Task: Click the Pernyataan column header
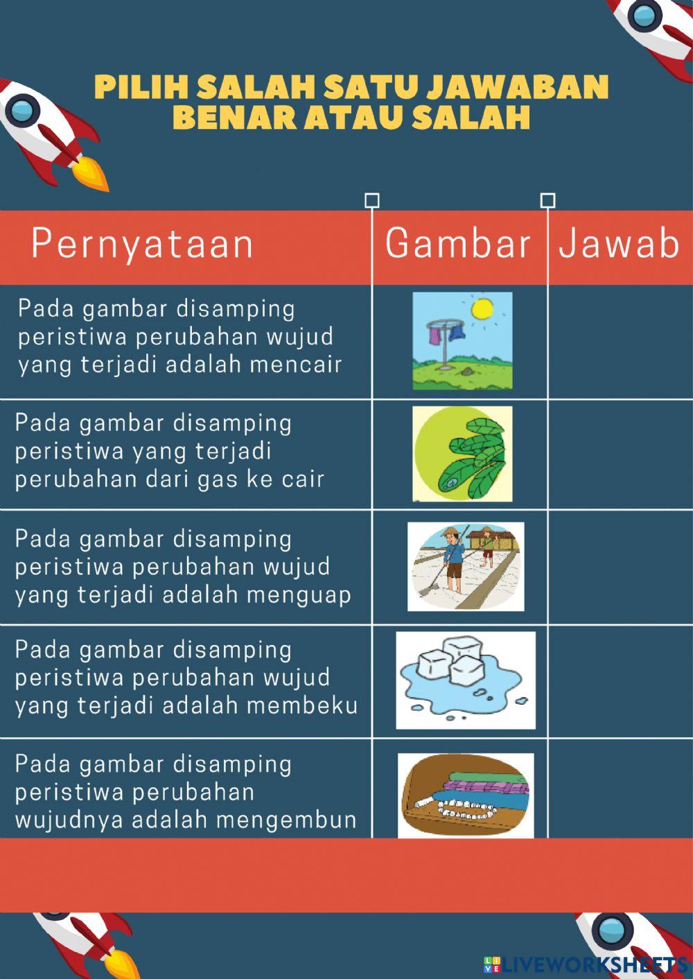coord(142,244)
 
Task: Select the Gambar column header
coord(458,244)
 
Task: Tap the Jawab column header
coord(619,244)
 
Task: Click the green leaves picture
coord(462,454)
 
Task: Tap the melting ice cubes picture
coord(466,680)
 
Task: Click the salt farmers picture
coord(466,567)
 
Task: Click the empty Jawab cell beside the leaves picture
coord(620,455)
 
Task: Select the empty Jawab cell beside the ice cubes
coord(620,680)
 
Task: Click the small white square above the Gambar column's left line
coord(372,201)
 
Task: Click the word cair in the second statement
coord(303,479)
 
